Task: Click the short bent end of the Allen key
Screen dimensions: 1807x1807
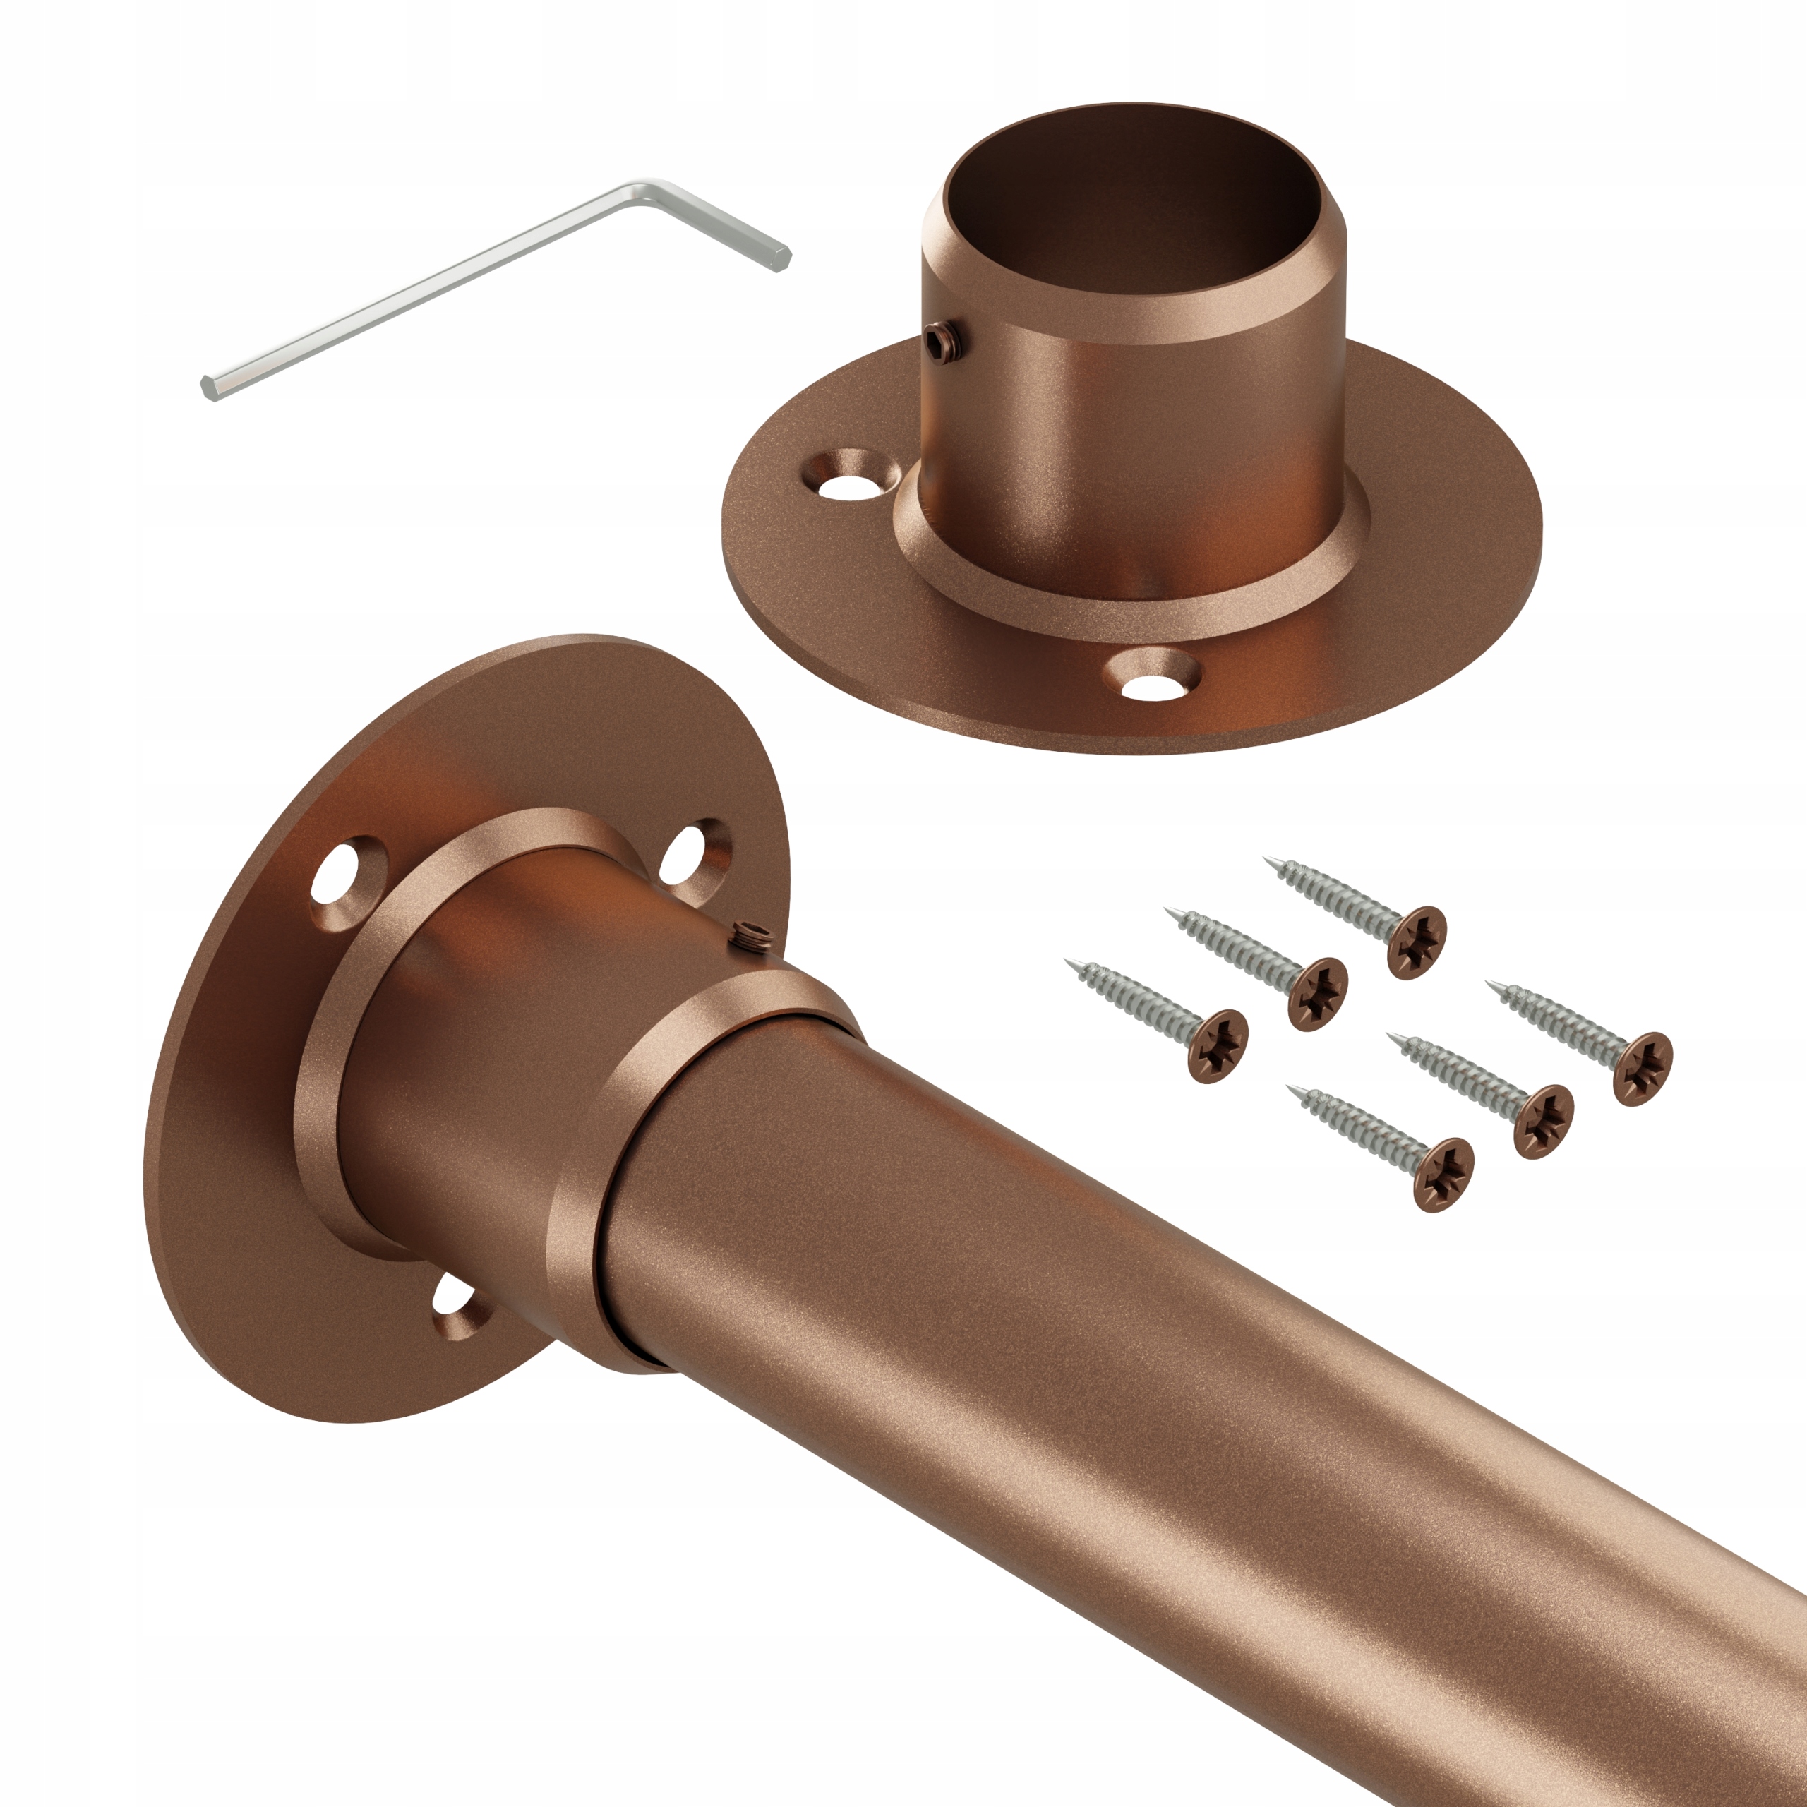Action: click(x=748, y=239)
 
